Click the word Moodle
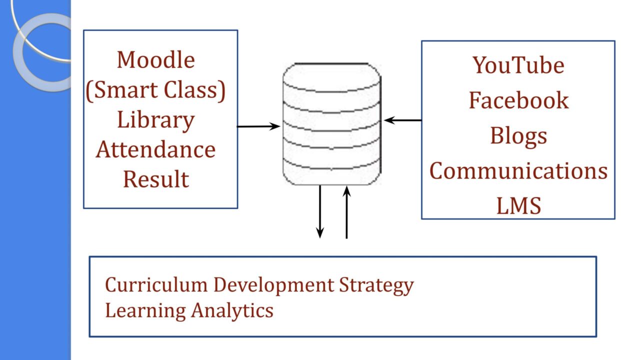point(156,60)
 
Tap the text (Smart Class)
point(155,90)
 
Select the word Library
point(156,121)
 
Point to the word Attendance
point(155,149)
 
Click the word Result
point(156,179)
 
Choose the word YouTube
point(518,65)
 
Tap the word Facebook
point(519,100)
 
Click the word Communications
point(518,171)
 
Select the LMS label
point(519,205)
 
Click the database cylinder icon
point(332,123)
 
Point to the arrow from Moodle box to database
point(258,126)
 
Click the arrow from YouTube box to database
point(402,120)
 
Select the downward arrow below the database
point(320,211)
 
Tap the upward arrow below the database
point(346,212)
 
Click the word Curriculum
point(156,285)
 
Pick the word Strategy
point(376,285)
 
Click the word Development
point(273,285)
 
